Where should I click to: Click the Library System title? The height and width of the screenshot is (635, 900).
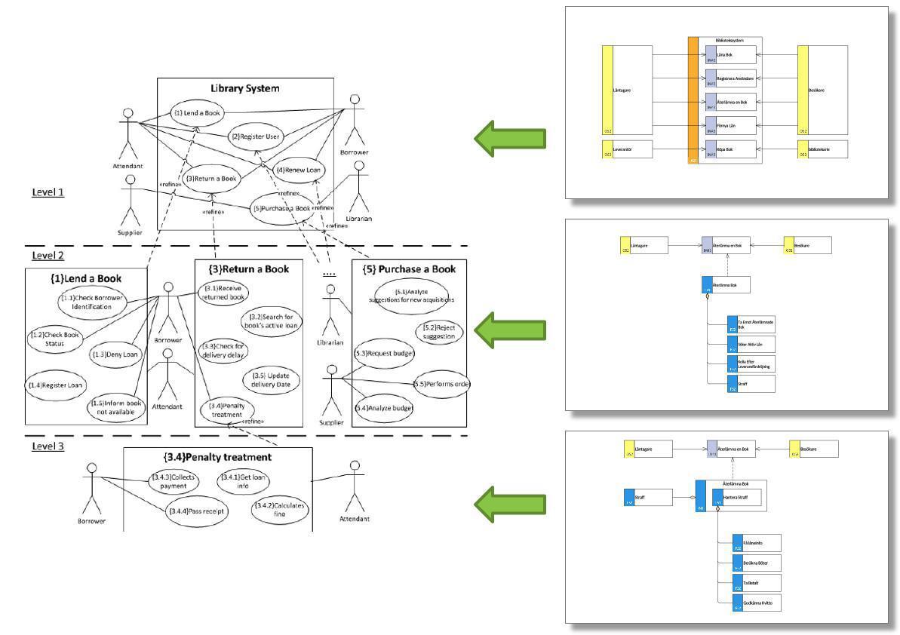tap(244, 88)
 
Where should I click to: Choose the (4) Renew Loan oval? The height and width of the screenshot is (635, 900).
tap(297, 170)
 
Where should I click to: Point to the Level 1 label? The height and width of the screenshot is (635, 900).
tap(48, 192)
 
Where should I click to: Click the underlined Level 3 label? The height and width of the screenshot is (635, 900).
tap(48, 446)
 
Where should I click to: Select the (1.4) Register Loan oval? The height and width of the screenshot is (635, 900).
tap(56, 385)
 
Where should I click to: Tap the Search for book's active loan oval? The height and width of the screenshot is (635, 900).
tap(271, 321)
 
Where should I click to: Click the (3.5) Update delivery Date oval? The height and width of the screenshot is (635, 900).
tap(271, 380)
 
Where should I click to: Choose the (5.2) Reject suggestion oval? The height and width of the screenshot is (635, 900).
tap(438, 332)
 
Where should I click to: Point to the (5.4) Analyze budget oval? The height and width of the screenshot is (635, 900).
tap(385, 408)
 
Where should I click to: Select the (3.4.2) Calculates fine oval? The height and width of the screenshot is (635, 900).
tap(278, 510)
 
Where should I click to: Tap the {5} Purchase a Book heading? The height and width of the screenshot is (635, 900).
tap(409, 269)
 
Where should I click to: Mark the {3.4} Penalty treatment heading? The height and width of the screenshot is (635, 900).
tap(217, 456)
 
